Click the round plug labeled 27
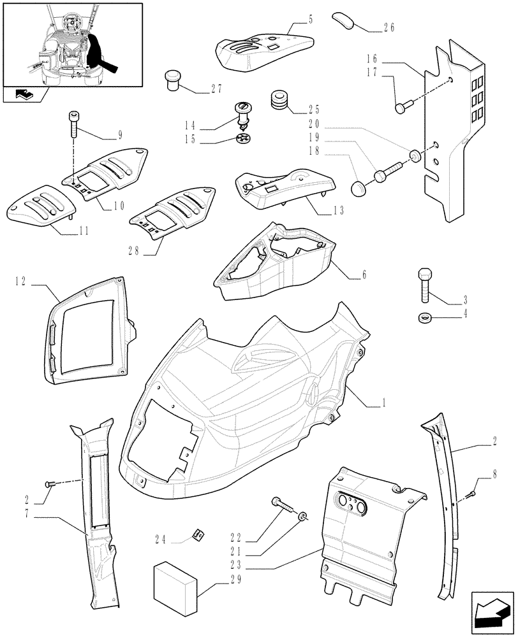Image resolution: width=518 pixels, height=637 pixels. click(172, 80)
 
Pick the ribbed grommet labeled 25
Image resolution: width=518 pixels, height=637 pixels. click(278, 100)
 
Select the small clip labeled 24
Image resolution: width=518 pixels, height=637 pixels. click(198, 536)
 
